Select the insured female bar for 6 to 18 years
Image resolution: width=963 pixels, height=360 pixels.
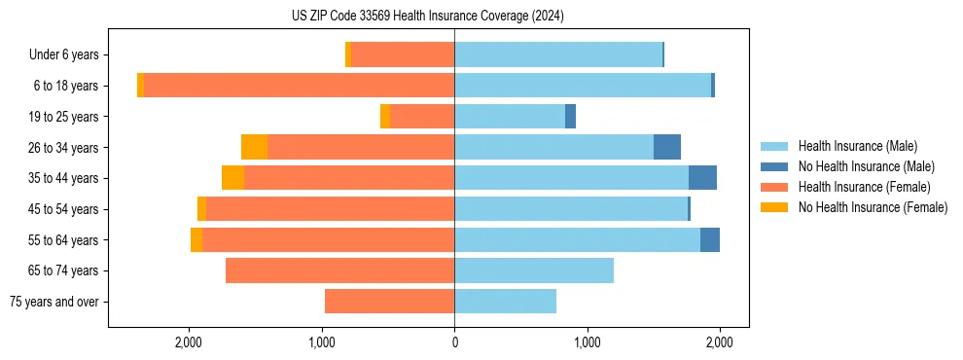coord(299,86)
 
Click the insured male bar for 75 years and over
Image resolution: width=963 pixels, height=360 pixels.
coord(505,302)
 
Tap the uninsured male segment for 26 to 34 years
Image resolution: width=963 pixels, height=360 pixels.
coord(666,147)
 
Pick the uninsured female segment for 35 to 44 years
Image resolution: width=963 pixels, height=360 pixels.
coord(232,178)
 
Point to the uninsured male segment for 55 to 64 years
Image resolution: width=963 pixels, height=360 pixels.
coord(709,239)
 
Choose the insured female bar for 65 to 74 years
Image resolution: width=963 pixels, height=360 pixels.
coord(339,270)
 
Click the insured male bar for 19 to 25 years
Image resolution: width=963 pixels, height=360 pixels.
coord(510,117)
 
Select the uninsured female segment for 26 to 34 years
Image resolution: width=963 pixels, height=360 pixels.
coord(254,147)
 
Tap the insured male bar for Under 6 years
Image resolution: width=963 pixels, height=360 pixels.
coord(557,54)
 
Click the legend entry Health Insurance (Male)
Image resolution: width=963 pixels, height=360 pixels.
coord(856,146)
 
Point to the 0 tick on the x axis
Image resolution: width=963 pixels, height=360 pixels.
coord(454,343)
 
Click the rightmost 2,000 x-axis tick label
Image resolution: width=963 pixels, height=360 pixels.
coord(719,343)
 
